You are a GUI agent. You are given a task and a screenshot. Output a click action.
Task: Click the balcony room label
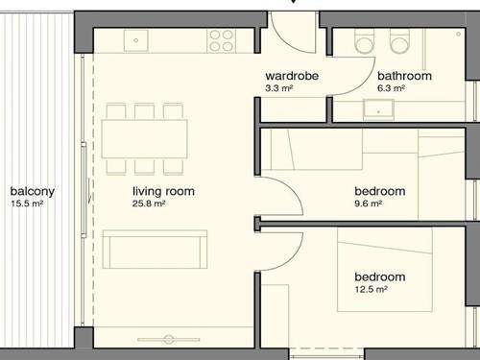[33, 191]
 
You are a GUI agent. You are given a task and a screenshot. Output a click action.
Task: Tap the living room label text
[163, 191]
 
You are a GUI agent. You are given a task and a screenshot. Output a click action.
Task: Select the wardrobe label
[292, 76]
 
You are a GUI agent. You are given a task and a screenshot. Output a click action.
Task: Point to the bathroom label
[404, 76]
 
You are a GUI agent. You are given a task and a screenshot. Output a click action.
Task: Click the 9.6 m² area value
[368, 204]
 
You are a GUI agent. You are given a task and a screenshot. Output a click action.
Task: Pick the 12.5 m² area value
[371, 289]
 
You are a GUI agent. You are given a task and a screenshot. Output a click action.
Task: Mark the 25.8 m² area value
[149, 204]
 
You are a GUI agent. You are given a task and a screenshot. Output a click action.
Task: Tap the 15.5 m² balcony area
[27, 204]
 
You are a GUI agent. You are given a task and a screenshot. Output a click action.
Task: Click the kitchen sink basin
[136, 40]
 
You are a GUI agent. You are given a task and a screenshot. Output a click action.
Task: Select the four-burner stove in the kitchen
[221, 40]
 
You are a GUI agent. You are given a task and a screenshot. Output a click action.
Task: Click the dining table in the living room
[144, 139]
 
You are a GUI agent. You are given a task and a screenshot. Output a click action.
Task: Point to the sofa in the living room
[155, 250]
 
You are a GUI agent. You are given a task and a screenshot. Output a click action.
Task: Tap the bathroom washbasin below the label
[378, 109]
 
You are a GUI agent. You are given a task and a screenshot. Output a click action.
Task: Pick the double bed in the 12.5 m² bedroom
[385, 269]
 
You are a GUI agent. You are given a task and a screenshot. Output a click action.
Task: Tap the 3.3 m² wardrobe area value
[279, 88]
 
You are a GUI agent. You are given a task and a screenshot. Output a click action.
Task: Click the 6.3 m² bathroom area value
[391, 88]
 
